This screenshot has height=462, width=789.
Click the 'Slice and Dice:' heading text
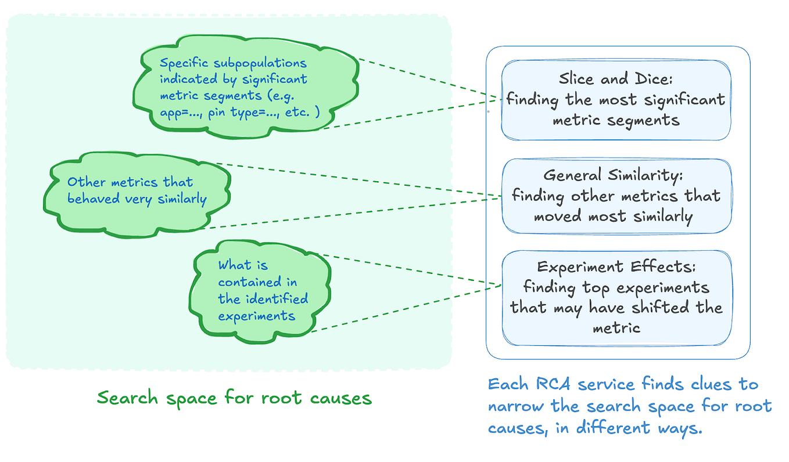click(x=615, y=78)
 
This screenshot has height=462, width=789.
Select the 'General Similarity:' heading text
click(x=615, y=175)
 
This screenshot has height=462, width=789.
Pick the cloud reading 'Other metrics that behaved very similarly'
click(x=138, y=192)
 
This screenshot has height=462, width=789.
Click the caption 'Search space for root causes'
click(x=234, y=398)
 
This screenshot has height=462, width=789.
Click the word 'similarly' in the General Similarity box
click(x=660, y=216)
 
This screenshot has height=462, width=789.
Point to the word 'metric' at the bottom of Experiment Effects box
click(x=616, y=328)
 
